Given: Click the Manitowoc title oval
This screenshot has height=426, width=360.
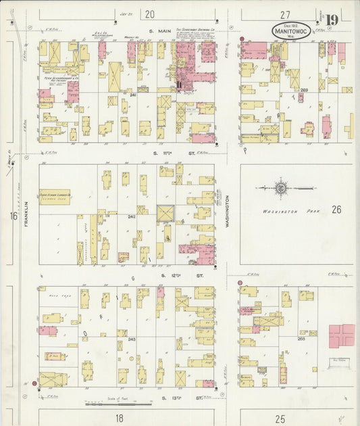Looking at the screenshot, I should click(292, 31).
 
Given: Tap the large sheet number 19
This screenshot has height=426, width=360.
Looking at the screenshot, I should click(332, 20).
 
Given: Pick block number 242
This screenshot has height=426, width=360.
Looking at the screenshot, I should click(132, 216).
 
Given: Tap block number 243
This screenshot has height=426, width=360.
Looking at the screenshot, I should click(132, 339).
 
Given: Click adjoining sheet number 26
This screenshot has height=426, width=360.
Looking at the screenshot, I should click(336, 210).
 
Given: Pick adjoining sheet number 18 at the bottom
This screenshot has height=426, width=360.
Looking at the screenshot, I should click(119, 419).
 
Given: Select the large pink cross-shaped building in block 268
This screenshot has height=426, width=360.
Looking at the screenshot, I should click(341, 336).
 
